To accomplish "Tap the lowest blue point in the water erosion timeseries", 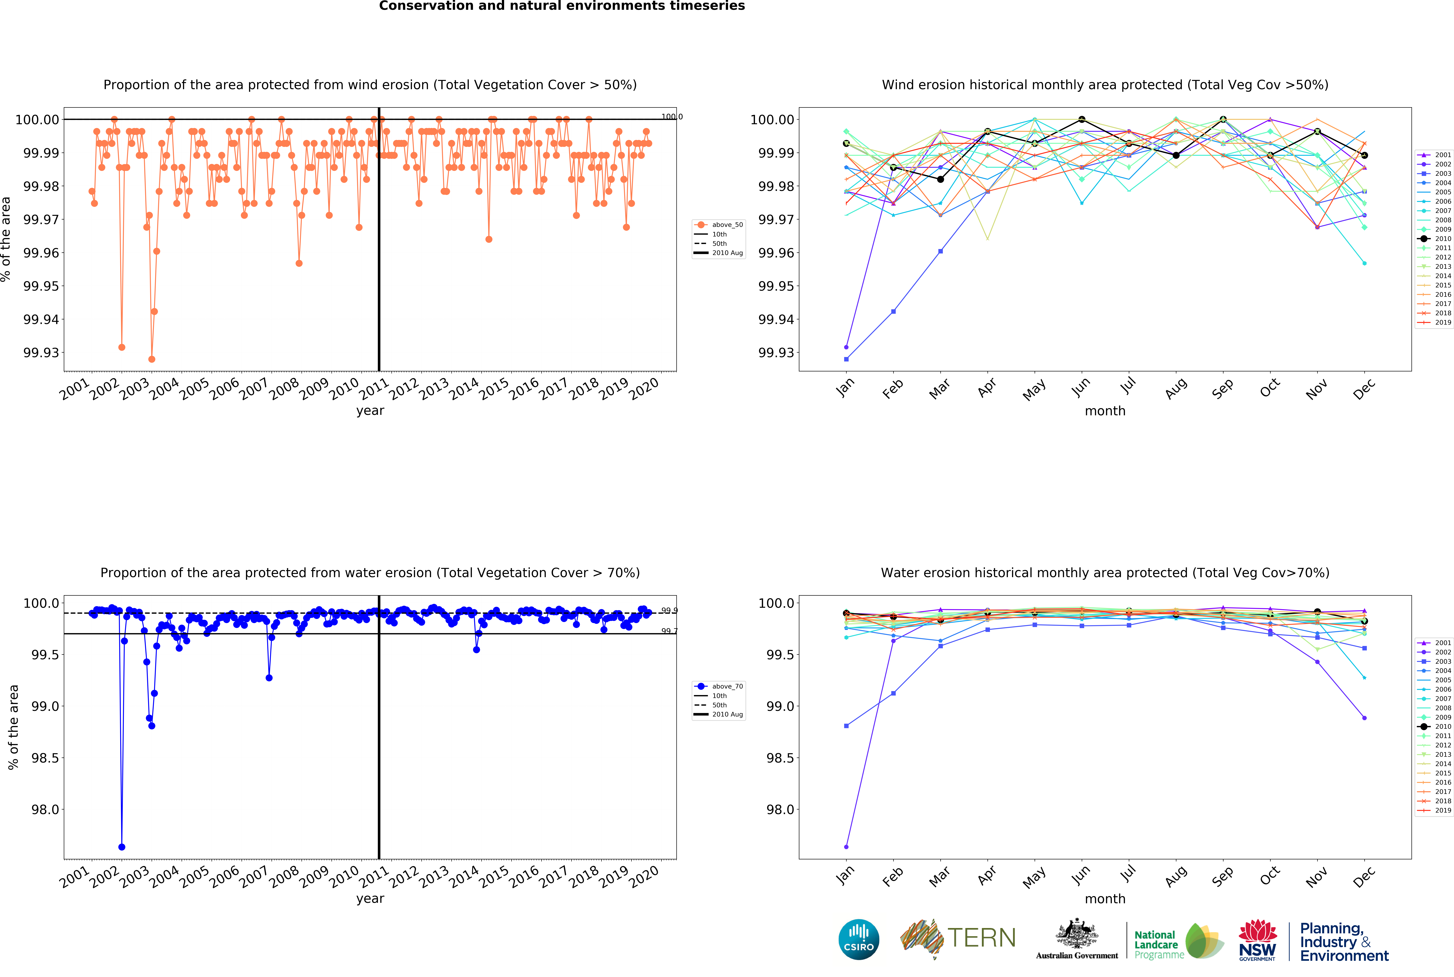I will click(x=121, y=847).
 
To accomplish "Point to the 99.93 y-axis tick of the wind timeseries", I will click(x=41, y=353).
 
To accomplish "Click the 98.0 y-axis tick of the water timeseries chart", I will click(x=45, y=809).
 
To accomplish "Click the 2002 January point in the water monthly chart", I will click(x=846, y=847).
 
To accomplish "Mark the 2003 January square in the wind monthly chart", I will click(x=846, y=359).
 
